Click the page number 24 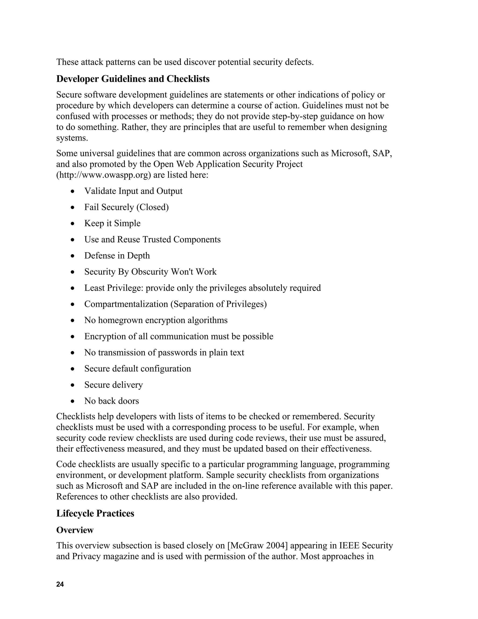pyautogui.click(x=60, y=584)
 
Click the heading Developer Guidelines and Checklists pyautogui.click(x=133, y=79)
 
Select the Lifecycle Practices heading pyautogui.click(x=95, y=513)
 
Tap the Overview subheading pyautogui.click(x=75, y=530)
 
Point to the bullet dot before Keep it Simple pyautogui.click(x=73, y=224)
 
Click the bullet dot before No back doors pyautogui.click(x=73, y=401)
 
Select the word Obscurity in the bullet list pyautogui.click(x=150, y=272)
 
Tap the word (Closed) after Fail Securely pyautogui.click(x=152, y=207)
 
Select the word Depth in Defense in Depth pyautogui.click(x=138, y=256)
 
